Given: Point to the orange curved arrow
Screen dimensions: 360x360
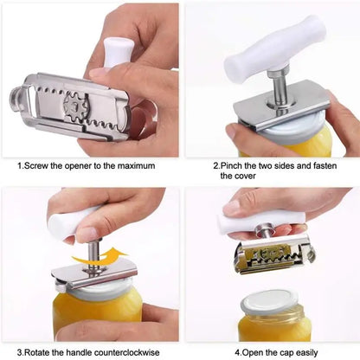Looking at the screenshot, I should [x=97, y=257].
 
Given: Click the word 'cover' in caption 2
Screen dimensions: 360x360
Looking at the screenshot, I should [x=234, y=177].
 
